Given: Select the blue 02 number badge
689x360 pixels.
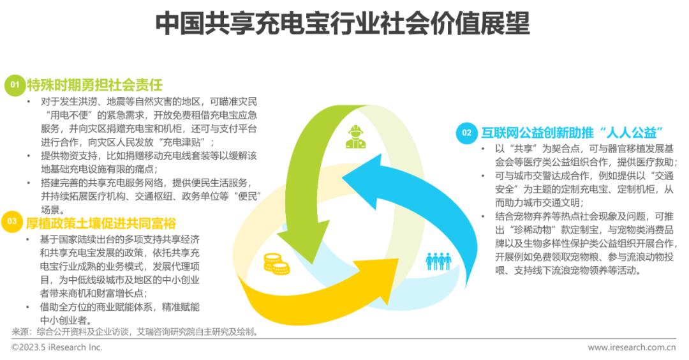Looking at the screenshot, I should (466, 132).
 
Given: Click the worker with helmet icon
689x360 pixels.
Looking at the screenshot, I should (355, 135).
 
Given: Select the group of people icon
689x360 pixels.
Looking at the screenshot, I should (438, 260).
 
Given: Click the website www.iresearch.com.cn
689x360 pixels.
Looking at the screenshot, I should (631, 347).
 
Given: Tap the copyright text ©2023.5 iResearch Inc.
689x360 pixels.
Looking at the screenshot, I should (57, 347).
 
